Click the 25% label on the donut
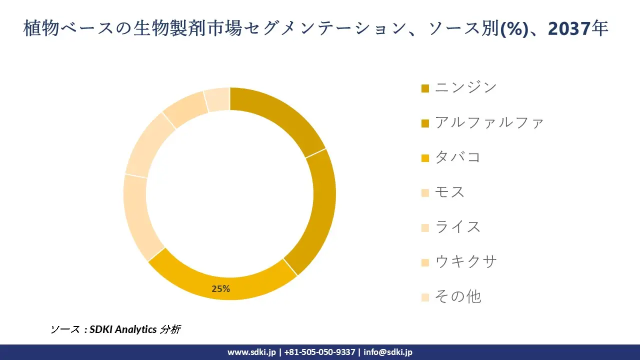point(220,289)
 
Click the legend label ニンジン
point(465,87)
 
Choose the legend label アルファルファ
point(489,122)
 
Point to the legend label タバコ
point(457,157)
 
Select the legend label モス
point(450,192)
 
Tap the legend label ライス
point(457,227)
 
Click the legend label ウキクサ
point(465,261)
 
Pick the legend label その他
point(457,296)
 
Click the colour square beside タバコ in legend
point(425,158)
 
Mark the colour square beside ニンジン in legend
point(425,88)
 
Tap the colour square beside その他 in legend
point(425,297)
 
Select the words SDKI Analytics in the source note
point(123,329)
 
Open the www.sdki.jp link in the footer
point(251,352)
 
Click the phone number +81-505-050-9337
point(320,352)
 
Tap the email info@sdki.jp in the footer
point(388,352)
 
